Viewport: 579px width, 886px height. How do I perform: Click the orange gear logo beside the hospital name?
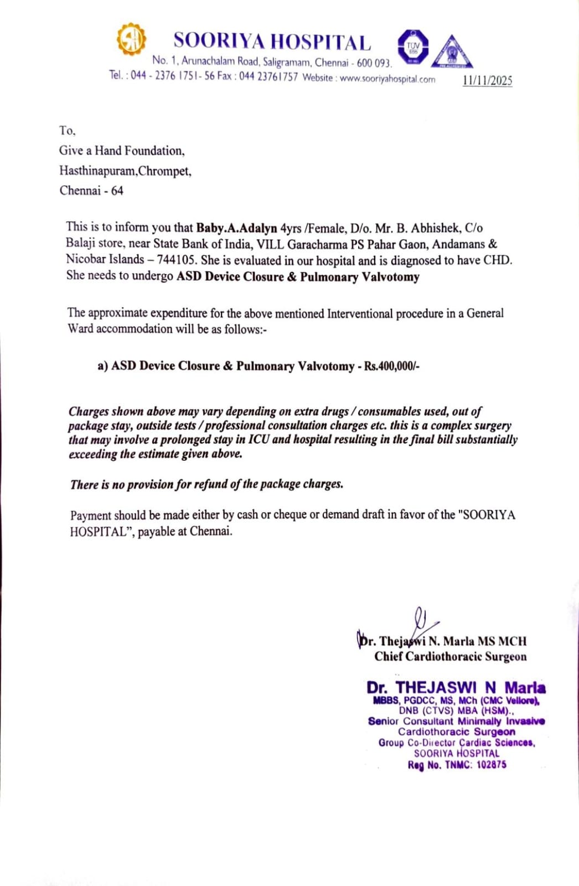pos(131,39)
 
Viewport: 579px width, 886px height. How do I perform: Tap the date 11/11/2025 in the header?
pos(487,80)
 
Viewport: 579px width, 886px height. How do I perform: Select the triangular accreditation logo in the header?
pos(452,53)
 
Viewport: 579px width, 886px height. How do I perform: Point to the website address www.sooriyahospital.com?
pos(387,79)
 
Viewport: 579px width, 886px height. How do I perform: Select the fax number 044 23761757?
pos(268,76)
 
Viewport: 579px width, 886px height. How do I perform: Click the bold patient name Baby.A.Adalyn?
pos(236,228)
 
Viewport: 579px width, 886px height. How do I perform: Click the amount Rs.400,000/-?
pos(391,366)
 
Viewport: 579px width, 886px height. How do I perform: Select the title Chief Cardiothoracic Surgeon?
pos(450,657)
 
